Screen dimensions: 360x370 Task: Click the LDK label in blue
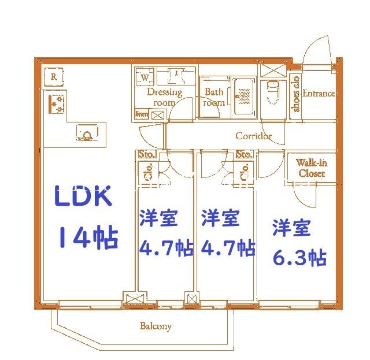pyautogui.click(x=84, y=197)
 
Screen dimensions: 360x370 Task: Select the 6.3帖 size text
pyautogui.click(x=299, y=257)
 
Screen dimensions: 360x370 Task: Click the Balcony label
pyautogui.click(x=156, y=326)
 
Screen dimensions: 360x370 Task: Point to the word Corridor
pyautogui.click(x=253, y=136)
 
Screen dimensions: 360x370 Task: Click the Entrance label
pyautogui.click(x=319, y=94)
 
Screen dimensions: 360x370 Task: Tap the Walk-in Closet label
pyautogui.click(x=311, y=168)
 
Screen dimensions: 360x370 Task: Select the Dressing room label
pyautogui.click(x=164, y=97)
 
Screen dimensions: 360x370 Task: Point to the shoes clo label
pyautogui.click(x=296, y=95)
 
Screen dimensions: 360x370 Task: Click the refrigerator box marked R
pyautogui.click(x=53, y=76)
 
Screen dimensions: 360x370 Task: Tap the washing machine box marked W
pyautogui.click(x=145, y=76)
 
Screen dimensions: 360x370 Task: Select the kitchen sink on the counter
pyautogui.click(x=86, y=135)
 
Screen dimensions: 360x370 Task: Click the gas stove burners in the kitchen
pyautogui.click(x=57, y=103)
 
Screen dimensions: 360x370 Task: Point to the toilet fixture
pyautogui.click(x=272, y=92)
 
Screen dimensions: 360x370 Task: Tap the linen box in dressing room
pyautogui.click(x=142, y=114)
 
